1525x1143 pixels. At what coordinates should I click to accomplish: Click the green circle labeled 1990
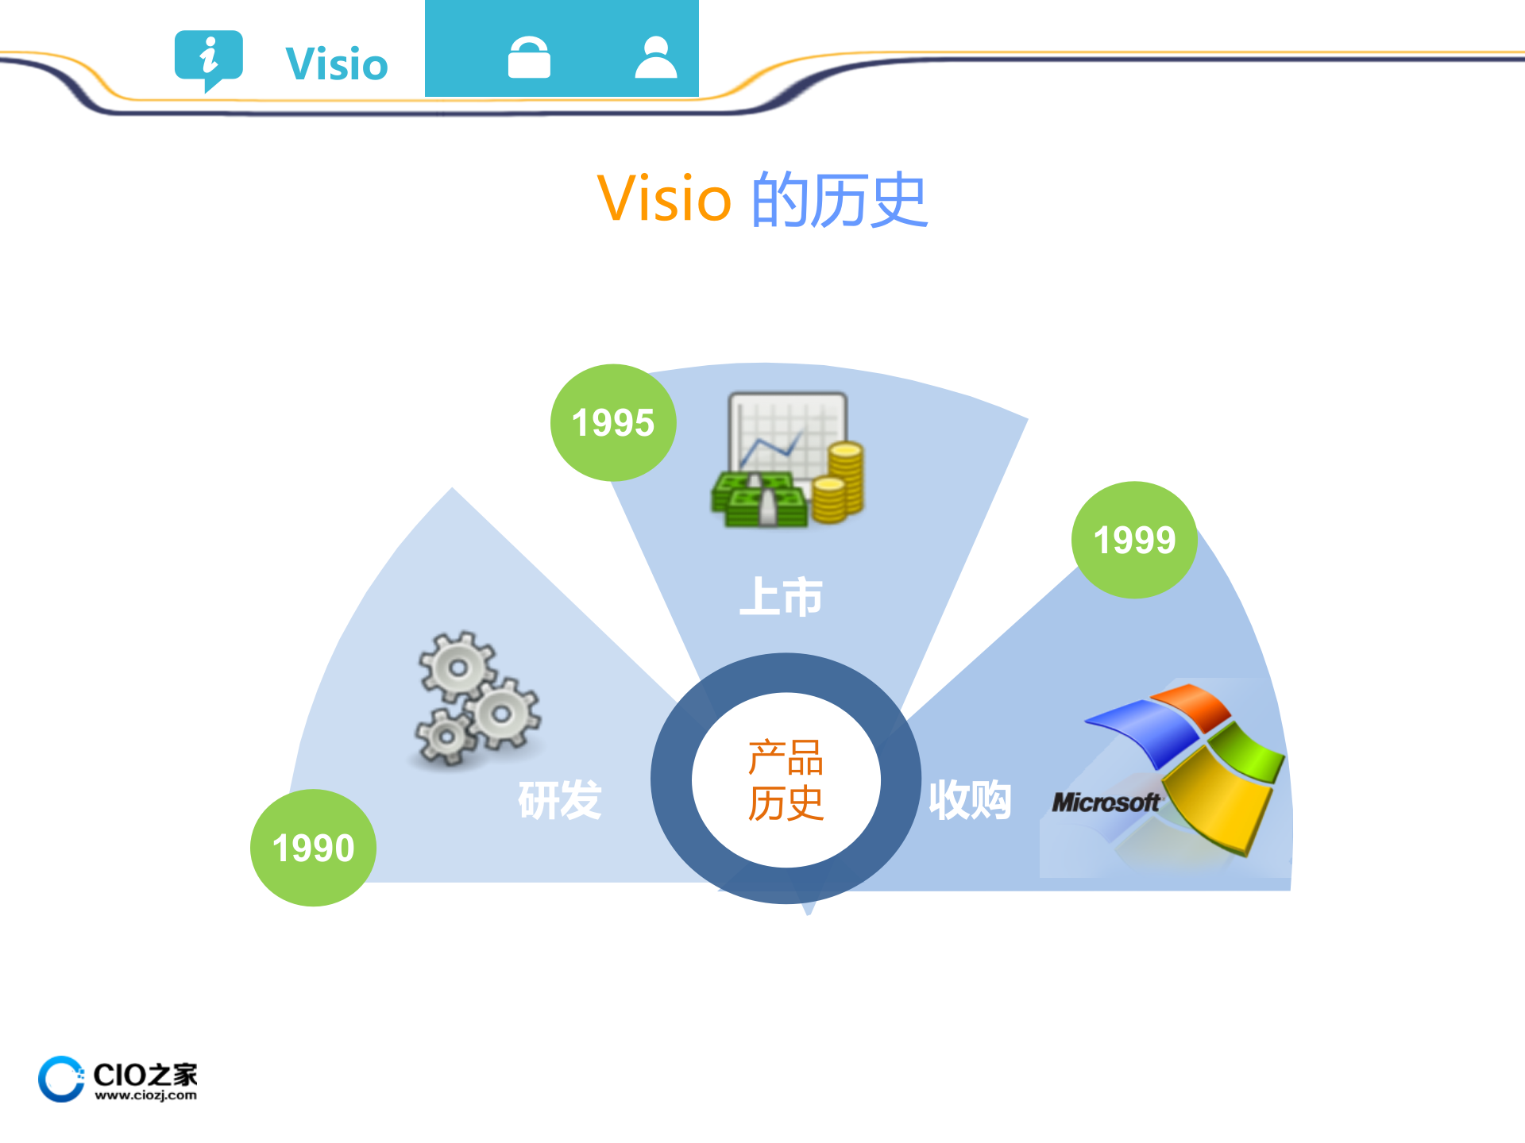(313, 848)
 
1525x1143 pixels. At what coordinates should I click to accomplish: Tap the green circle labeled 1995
(612, 422)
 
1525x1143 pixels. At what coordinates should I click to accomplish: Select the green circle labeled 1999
(1134, 540)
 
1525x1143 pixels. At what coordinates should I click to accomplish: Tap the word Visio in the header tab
(337, 64)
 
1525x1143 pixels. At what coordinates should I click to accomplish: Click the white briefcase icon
(529, 58)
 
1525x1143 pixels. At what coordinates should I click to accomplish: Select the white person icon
(656, 58)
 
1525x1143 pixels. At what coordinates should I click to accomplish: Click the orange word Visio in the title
(664, 198)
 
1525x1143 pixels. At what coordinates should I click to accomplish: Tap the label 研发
(560, 799)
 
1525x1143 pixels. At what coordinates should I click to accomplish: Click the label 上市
(782, 597)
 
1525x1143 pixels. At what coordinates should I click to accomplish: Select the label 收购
(970, 799)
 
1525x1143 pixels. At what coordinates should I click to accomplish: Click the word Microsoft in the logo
(1106, 802)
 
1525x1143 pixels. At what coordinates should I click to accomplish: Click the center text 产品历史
(786, 779)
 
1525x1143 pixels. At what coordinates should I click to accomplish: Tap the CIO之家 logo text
(145, 1074)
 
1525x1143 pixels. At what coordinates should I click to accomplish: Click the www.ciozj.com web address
(145, 1095)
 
